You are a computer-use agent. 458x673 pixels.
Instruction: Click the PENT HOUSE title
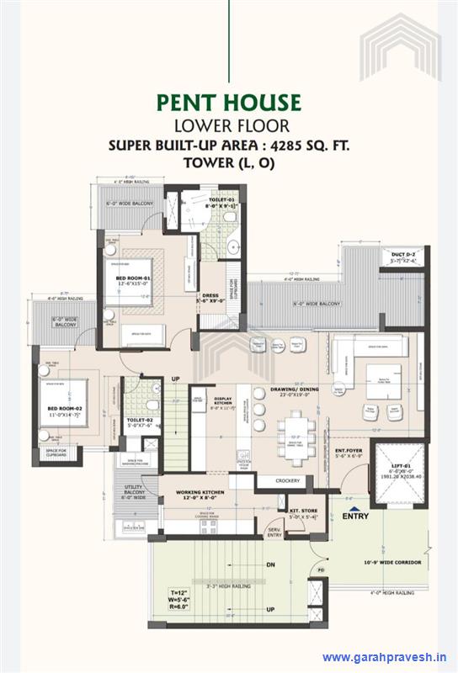click(x=228, y=103)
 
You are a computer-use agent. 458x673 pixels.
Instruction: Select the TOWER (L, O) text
click(x=228, y=163)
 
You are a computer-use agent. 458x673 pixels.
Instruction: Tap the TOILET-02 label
click(x=140, y=419)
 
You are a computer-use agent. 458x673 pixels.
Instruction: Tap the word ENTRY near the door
click(x=356, y=516)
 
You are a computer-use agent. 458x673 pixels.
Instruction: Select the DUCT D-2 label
click(x=403, y=253)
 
